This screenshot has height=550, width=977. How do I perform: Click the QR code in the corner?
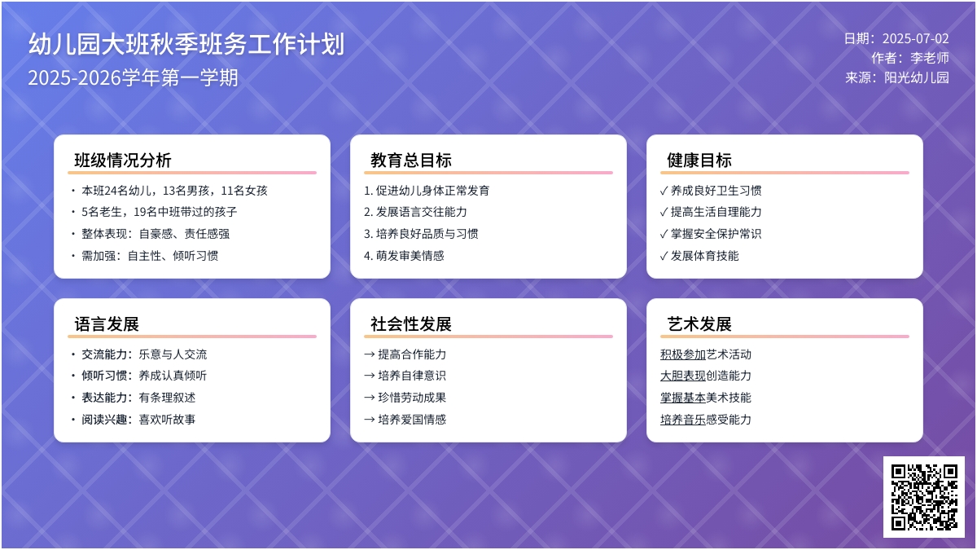point(924,497)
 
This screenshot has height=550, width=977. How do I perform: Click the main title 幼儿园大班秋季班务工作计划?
point(186,44)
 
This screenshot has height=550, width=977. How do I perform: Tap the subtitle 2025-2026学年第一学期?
point(133,77)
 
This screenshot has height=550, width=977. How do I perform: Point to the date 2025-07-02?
point(915,38)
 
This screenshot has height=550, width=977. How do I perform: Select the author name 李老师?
point(930,58)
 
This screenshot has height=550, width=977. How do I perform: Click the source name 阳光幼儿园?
point(917,77)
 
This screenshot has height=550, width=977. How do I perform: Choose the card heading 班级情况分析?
point(123,161)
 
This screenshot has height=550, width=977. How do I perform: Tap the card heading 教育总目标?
point(411,161)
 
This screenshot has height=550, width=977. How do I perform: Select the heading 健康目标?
point(699,161)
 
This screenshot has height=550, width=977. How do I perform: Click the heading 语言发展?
point(107,324)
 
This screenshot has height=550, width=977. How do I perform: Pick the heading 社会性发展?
point(411,324)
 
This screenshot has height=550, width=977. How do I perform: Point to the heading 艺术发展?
point(699,324)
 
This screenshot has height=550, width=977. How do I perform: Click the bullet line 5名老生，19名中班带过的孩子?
point(160,212)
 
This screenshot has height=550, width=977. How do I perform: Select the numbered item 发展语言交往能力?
point(422,212)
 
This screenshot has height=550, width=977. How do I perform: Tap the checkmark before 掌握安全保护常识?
point(664,234)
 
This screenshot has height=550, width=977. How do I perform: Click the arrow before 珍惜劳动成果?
point(370,398)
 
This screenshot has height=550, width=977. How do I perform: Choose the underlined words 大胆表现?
point(683,376)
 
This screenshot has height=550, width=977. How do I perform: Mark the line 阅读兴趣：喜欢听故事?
point(138,419)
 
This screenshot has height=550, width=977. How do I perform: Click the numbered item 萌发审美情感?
point(410,255)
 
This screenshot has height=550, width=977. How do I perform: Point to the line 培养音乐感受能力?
point(706,419)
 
